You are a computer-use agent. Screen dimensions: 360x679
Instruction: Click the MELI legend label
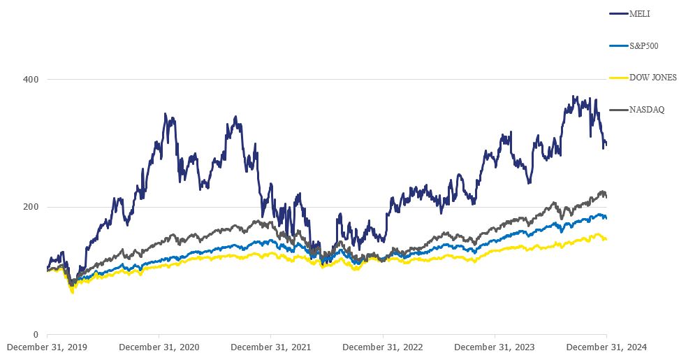[x=641, y=13]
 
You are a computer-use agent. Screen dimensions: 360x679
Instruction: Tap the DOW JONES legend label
[x=653, y=78]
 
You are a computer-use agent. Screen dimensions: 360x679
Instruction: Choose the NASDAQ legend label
[x=646, y=110]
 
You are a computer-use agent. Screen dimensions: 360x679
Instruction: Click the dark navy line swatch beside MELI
[x=619, y=13]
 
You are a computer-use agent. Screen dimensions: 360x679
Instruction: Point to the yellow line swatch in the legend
[x=619, y=78]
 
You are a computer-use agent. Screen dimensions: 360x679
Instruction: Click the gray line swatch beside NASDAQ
[x=619, y=110]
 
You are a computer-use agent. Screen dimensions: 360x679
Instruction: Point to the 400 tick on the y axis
[x=32, y=80]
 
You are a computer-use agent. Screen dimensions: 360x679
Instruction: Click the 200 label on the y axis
[x=32, y=208]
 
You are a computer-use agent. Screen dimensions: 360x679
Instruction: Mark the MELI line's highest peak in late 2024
[x=574, y=96]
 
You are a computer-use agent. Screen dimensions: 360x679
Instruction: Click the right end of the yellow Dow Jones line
[x=606, y=239]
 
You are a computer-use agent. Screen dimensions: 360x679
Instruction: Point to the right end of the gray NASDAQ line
[x=606, y=196]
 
